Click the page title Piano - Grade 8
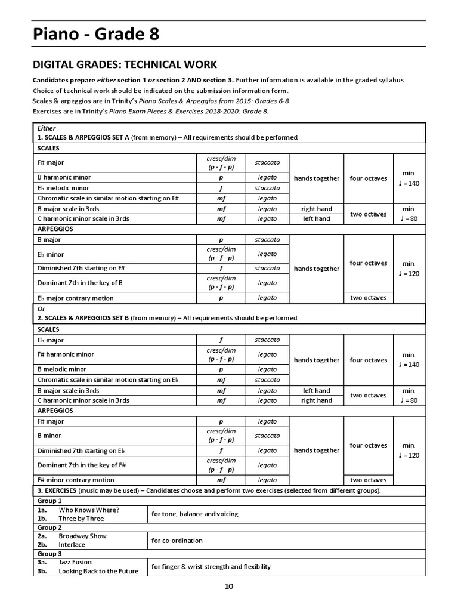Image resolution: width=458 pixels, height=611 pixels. tap(95, 37)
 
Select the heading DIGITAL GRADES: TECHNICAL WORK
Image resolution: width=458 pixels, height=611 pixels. tap(124, 64)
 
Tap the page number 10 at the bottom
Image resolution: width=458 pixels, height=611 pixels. tap(229, 587)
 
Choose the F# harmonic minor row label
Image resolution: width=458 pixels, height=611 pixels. tap(66, 354)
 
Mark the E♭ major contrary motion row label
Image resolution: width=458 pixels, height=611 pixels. tap(75, 298)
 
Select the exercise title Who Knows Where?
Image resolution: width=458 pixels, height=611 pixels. tap(89, 510)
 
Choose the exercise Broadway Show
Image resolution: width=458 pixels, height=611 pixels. tap(82, 536)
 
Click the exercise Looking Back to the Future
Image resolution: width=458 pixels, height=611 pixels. tap(98, 571)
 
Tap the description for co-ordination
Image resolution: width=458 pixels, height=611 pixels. tap(177, 541)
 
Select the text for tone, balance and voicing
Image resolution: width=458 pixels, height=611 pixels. tap(194, 514)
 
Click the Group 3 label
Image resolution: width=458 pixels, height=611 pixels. tap(49, 554)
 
